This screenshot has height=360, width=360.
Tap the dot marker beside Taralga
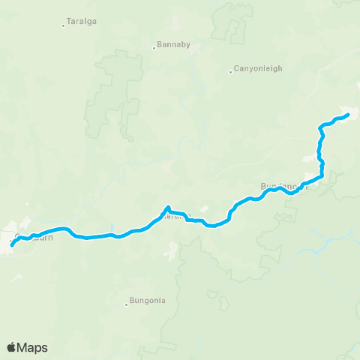(63, 26)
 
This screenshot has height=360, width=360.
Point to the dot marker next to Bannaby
(154, 48)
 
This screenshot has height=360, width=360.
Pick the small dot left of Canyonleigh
(231, 72)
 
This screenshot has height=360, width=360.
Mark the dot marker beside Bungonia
(127, 304)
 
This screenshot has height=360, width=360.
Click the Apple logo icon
(12, 347)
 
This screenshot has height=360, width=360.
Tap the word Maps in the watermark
(33, 347)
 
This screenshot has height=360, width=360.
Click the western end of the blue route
(13, 245)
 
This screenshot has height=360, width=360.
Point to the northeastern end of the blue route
(349, 115)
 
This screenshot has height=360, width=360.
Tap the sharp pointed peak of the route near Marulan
(168, 207)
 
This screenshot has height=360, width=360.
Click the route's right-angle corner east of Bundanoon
(322, 178)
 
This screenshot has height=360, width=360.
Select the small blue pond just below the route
(111, 227)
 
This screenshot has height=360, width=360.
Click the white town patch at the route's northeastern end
(346, 110)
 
